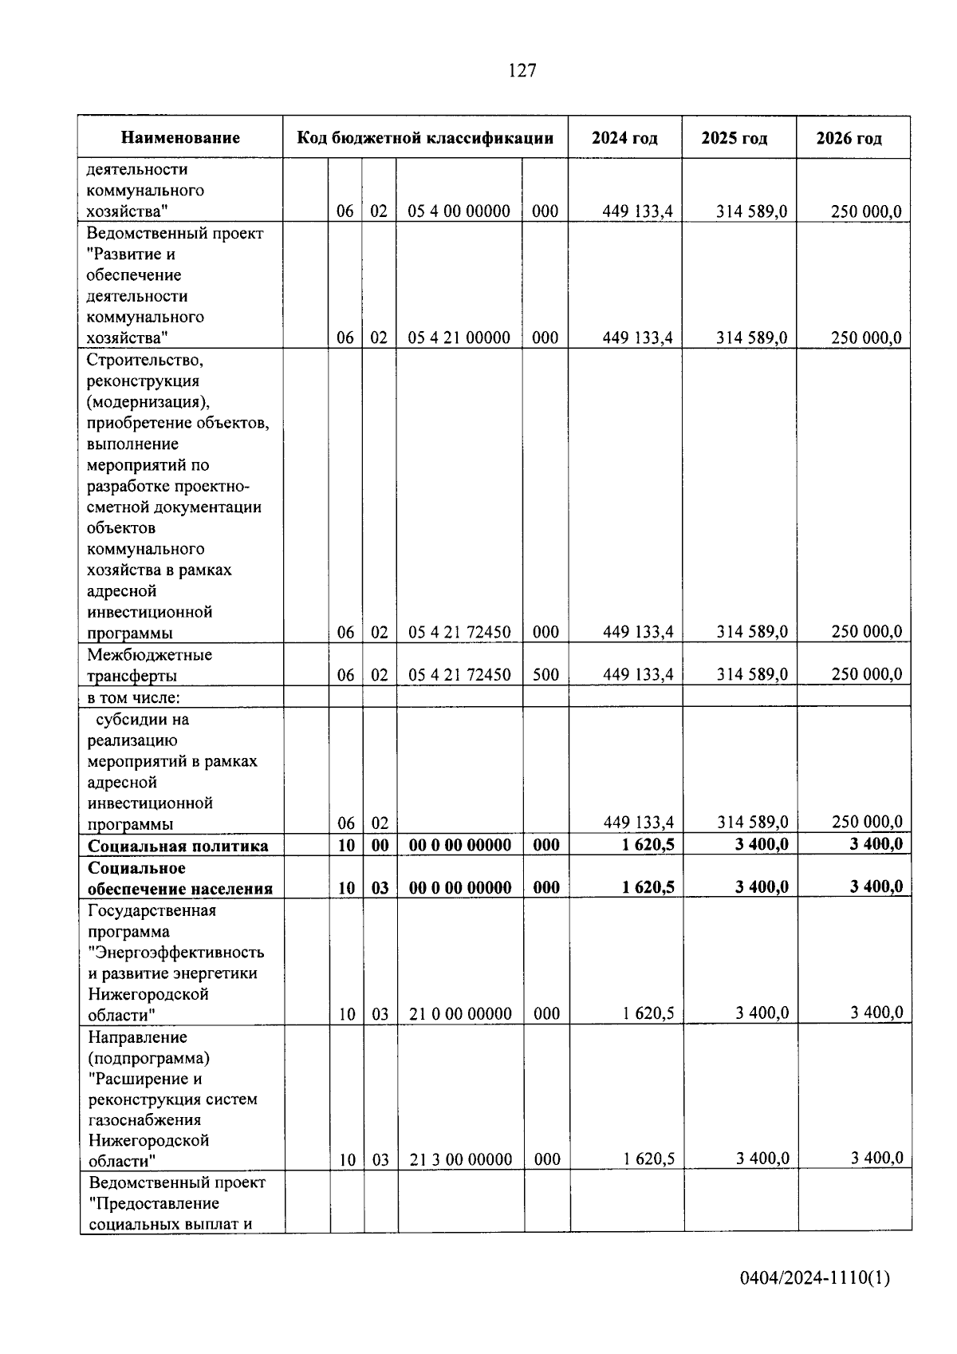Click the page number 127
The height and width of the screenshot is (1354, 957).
[x=522, y=71]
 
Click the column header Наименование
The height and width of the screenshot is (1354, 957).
[x=180, y=138]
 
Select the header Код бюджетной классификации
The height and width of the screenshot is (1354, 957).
[x=425, y=138]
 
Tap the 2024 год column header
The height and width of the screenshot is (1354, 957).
[x=624, y=138]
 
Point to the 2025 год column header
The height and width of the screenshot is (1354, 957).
[x=734, y=138]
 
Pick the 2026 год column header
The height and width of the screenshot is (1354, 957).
[x=849, y=138]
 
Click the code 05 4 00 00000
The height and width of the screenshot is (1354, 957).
[x=459, y=211]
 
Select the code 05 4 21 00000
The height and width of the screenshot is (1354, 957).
[x=459, y=338]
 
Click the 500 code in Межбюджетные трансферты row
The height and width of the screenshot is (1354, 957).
[x=545, y=675]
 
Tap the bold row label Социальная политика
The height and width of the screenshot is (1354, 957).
[x=178, y=846]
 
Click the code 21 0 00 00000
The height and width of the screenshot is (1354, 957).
[x=460, y=1014]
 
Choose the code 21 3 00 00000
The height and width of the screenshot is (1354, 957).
[x=461, y=1159]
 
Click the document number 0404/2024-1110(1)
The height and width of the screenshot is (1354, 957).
[x=814, y=1278]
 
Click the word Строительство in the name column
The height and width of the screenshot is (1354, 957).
[x=145, y=360]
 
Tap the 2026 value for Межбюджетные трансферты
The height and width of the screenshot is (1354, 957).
[x=866, y=675]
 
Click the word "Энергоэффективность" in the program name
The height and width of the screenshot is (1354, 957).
[x=176, y=953]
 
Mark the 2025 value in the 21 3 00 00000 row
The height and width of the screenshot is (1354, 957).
[x=762, y=1159]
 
